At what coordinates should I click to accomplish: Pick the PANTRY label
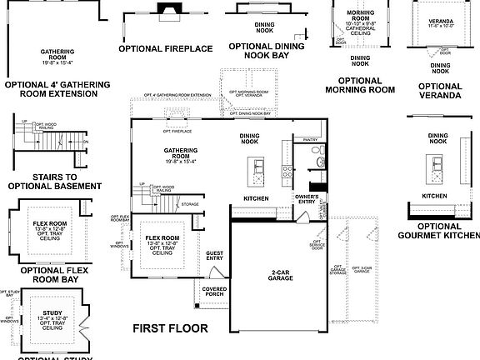click(x=311, y=140)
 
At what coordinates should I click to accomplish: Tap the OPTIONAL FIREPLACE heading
click(x=166, y=48)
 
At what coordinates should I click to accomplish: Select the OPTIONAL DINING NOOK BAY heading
click(x=265, y=52)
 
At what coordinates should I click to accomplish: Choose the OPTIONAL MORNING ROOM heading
click(x=359, y=86)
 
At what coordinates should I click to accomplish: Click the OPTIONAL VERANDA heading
click(x=439, y=91)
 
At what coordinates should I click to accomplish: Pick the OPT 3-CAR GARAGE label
click(x=362, y=270)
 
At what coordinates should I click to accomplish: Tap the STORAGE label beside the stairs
click(x=189, y=203)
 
